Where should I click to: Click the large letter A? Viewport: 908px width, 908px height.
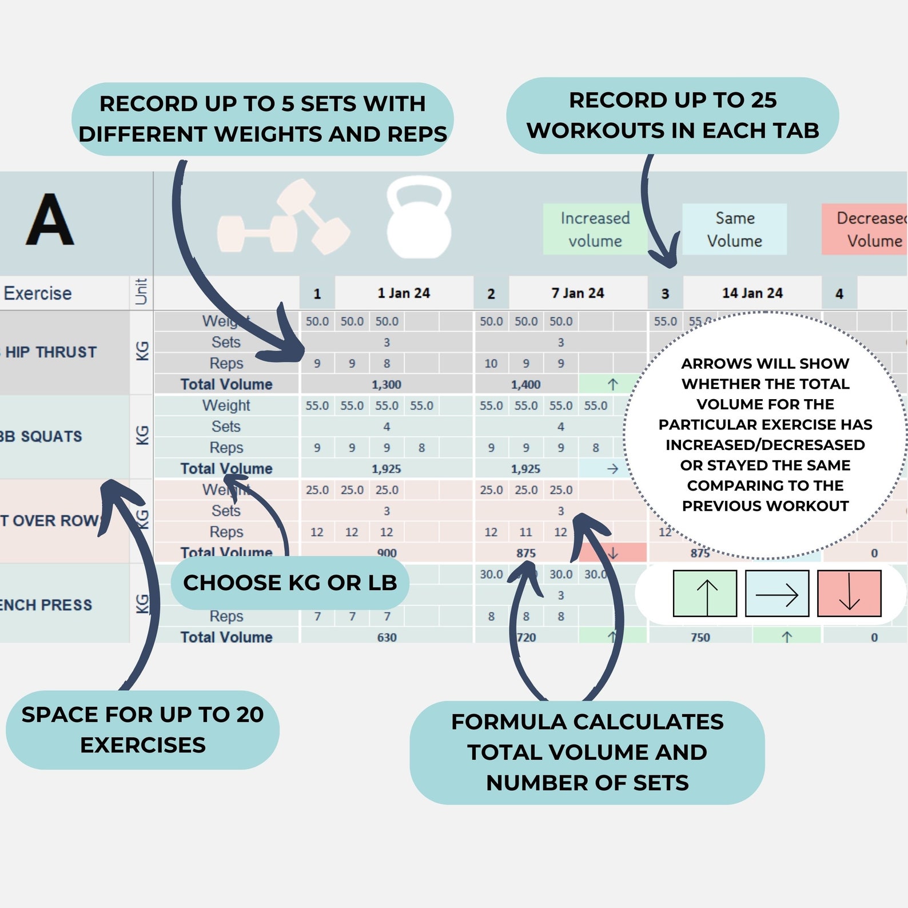[50, 220]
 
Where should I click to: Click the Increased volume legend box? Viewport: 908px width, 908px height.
[595, 229]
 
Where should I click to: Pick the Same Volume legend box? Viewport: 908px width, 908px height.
[734, 229]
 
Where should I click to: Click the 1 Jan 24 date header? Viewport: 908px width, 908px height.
[404, 293]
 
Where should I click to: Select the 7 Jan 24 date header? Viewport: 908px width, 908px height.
[578, 293]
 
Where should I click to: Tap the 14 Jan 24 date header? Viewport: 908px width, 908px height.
[752, 293]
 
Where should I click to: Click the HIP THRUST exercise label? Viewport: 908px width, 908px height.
[51, 352]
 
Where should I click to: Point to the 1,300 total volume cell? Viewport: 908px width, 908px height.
[387, 385]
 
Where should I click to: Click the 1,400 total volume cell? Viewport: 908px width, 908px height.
[526, 385]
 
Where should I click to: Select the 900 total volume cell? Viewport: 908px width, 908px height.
[387, 553]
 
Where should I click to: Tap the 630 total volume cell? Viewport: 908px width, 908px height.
[387, 637]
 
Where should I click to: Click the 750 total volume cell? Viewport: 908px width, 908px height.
[700, 637]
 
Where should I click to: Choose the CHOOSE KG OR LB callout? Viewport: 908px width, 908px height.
[290, 583]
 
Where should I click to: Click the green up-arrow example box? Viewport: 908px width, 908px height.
[705, 594]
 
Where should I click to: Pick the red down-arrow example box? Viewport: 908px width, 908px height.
[849, 594]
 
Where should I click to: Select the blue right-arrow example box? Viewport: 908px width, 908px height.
[777, 594]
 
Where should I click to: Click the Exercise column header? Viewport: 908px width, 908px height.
[38, 293]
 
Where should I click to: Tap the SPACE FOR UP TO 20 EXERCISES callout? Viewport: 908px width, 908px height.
[142, 730]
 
